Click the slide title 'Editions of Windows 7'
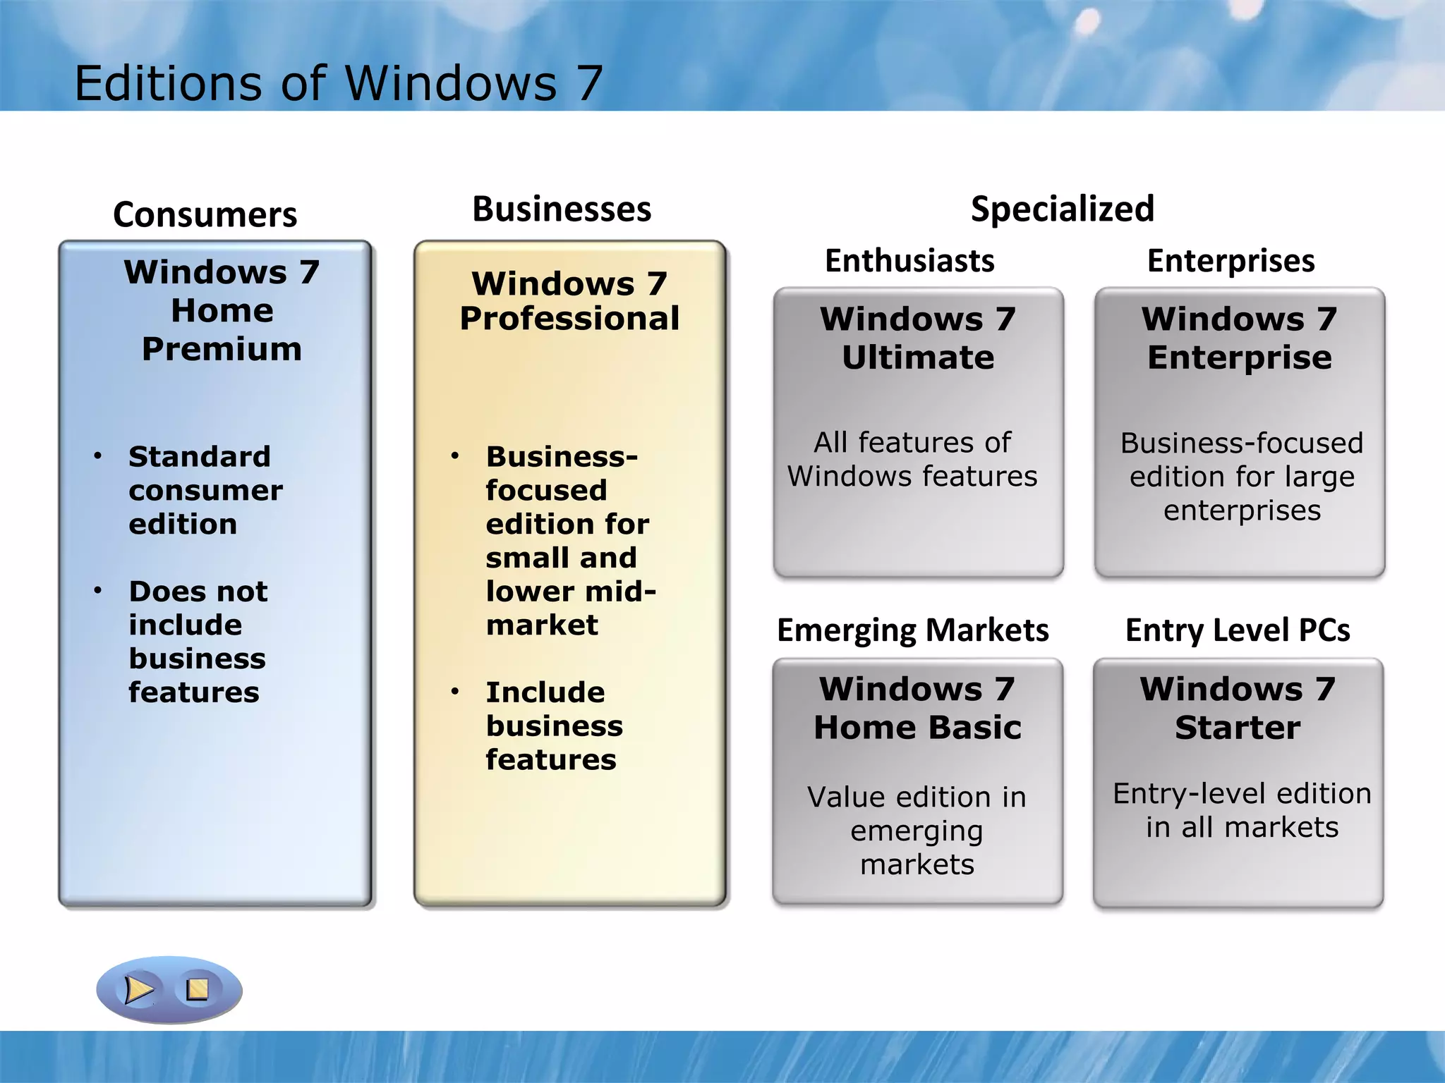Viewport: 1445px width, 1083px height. (339, 83)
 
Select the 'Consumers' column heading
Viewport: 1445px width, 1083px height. (205, 214)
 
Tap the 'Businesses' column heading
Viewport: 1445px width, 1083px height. (562, 209)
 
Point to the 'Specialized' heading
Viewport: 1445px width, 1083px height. (1062, 209)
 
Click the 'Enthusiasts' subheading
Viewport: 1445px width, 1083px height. (909, 261)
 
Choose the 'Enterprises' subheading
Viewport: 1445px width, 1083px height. (1231, 261)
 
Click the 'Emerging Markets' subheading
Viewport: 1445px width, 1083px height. (912, 630)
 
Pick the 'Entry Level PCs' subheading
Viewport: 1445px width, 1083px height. (1238, 630)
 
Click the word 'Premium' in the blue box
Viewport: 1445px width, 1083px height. (222, 349)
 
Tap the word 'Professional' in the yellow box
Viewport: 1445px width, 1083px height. (569, 318)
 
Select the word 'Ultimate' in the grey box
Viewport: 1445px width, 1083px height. (918, 357)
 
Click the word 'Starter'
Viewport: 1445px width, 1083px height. (1238, 728)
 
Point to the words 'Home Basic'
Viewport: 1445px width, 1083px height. (917, 728)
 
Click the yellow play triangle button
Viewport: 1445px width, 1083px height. (138, 989)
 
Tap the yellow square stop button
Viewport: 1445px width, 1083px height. (198, 989)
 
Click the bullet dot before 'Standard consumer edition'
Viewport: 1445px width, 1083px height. (98, 456)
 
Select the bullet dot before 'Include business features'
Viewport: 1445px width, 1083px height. (455, 692)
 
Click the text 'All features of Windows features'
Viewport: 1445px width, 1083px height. (912, 459)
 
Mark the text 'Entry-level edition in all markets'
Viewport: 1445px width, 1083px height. (1242, 810)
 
